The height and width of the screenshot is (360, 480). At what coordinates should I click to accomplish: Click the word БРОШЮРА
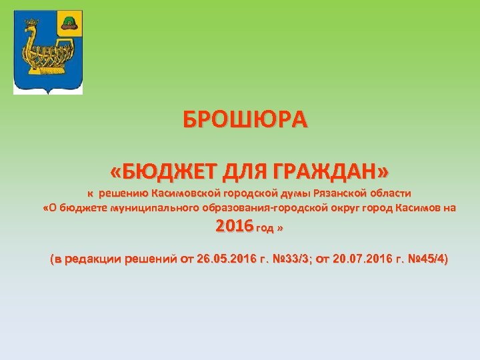coord(246,120)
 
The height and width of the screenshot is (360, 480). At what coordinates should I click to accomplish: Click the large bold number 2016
coord(234,227)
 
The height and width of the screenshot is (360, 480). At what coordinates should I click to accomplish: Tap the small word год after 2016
coord(264,229)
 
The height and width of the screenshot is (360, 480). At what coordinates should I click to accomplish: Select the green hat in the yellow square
coord(68,23)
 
